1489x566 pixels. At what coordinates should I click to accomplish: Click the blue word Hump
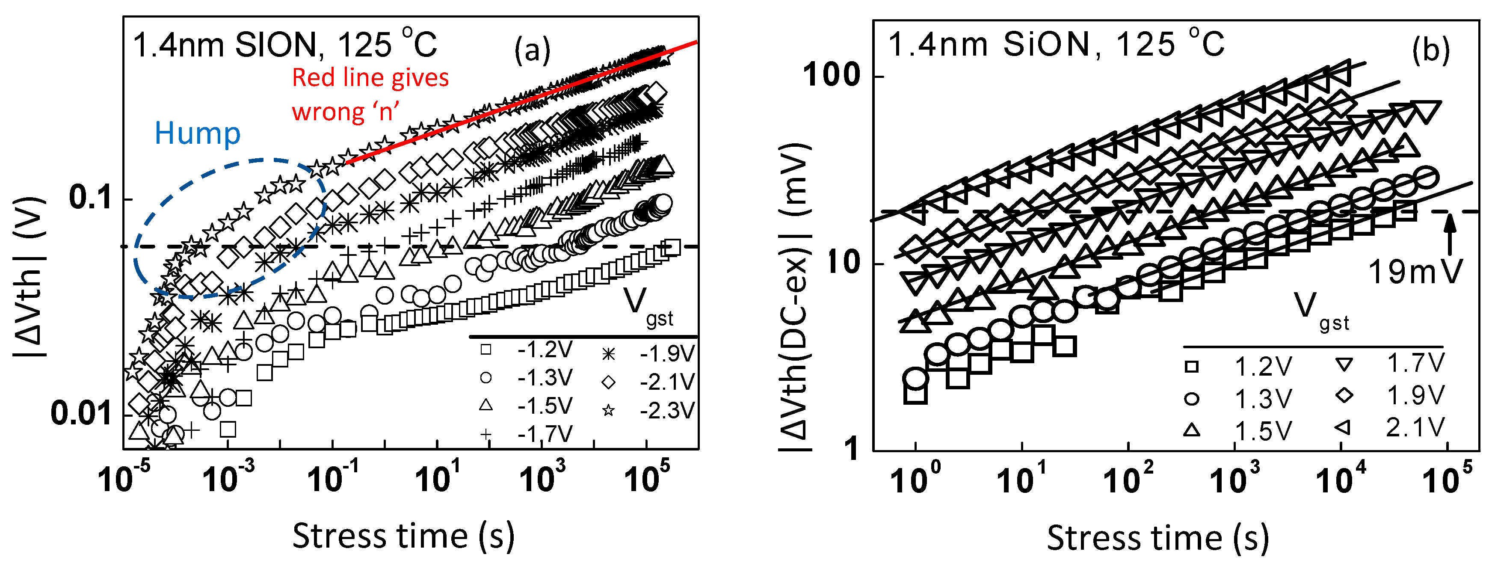(x=197, y=133)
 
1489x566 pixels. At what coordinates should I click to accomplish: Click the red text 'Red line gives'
(x=370, y=77)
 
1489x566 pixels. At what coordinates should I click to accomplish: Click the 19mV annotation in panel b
(x=1415, y=272)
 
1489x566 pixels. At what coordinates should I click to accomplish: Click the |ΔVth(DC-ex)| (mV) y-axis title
(x=795, y=298)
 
